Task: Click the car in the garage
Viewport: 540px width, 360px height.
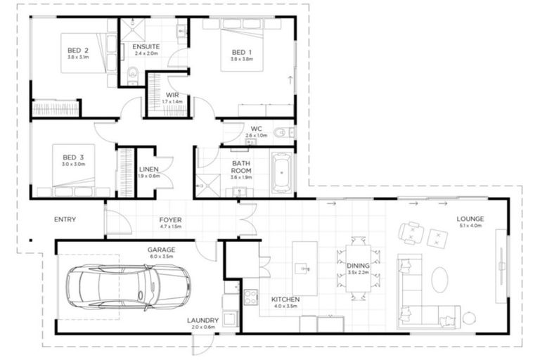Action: pyautogui.click(x=128, y=287)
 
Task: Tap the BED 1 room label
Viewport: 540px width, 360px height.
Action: pyautogui.click(x=240, y=52)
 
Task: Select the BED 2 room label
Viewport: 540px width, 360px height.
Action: pyautogui.click(x=77, y=51)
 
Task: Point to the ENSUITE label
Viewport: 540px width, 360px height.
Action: pyautogui.click(x=146, y=47)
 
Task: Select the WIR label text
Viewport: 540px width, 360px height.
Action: pyautogui.click(x=172, y=95)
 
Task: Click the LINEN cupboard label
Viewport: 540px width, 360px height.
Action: pyautogui.click(x=148, y=169)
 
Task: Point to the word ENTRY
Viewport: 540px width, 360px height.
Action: pyautogui.click(x=65, y=219)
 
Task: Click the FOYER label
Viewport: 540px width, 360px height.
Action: pyautogui.click(x=170, y=219)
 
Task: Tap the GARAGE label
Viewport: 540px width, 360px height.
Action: pyautogui.click(x=161, y=250)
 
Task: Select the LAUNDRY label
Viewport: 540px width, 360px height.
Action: pyautogui.click(x=202, y=321)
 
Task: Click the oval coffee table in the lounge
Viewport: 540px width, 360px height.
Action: pyautogui.click(x=439, y=279)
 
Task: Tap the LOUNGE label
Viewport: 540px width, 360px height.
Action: pyautogui.click(x=470, y=219)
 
